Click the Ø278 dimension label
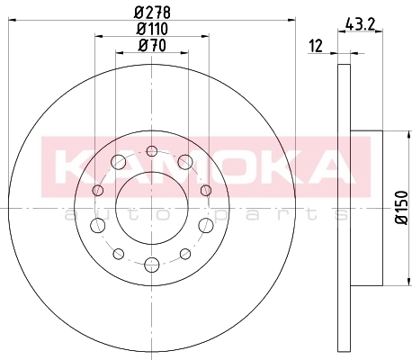152,13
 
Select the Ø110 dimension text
152,29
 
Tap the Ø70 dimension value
152,46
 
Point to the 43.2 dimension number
360,24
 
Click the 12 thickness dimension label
316,46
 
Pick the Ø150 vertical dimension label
402,207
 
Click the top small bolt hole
152,151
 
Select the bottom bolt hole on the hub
152,265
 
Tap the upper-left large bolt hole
119,162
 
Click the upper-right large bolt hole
185,162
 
